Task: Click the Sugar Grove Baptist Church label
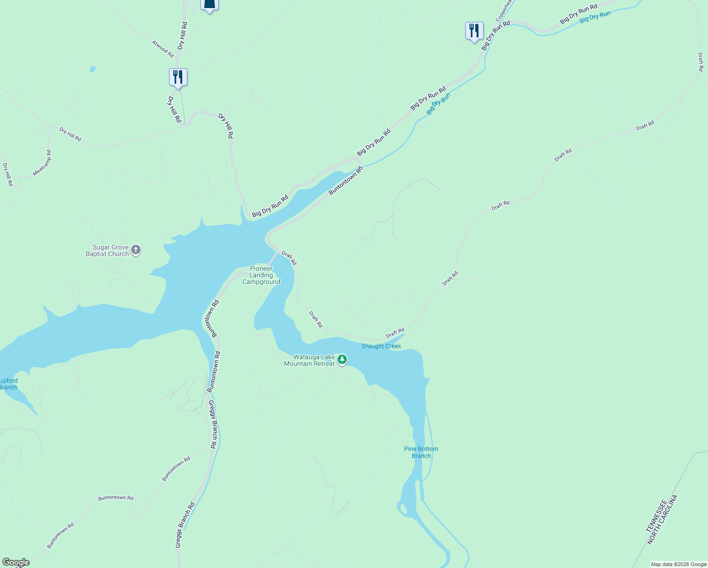point(107,251)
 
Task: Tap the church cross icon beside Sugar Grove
point(136,250)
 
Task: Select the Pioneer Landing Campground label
point(261,275)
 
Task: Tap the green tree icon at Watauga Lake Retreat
point(342,360)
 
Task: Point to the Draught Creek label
point(381,346)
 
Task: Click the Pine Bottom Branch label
point(421,453)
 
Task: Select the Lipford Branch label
point(9,384)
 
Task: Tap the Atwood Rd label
point(163,49)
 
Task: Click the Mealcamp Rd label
point(42,163)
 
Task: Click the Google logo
point(16,562)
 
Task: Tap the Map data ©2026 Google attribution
point(679,564)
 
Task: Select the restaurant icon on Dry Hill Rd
point(178,77)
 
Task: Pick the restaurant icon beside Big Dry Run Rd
point(474,31)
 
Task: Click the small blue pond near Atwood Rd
point(93,70)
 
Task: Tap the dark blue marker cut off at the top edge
point(209,5)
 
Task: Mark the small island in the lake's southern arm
point(403,509)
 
